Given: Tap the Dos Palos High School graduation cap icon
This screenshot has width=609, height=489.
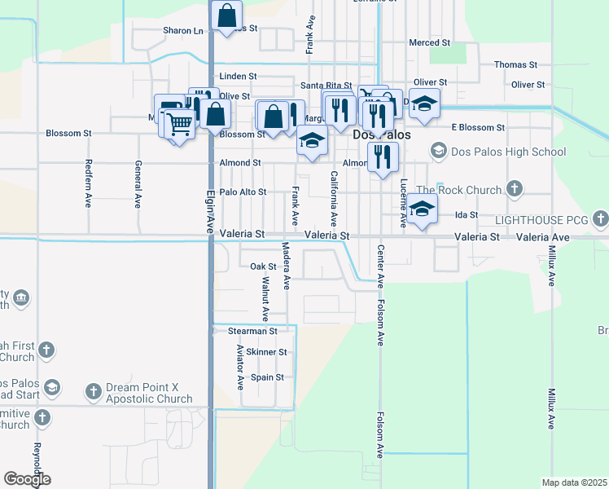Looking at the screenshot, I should click(x=439, y=151).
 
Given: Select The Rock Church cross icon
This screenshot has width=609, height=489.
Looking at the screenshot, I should click(x=514, y=190).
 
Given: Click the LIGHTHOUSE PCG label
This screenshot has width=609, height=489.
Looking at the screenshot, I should click(x=541, y=220).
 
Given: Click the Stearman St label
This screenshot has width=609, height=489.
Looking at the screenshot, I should click(x=252, y=332).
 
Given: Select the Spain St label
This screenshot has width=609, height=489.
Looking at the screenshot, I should click(x=267, y=377).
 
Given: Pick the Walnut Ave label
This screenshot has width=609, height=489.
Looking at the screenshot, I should click(x=265, y=297).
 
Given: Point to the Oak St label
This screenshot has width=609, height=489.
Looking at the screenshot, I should click(x=263, y=267).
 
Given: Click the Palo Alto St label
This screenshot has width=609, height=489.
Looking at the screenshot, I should click(x=243, y=192).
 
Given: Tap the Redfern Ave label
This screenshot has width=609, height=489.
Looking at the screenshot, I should click(x=88, y=183).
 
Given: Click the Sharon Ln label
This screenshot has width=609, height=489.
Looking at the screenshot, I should click(x=182, y=30).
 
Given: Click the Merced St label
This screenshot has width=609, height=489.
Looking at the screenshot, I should click(x=429, y=42).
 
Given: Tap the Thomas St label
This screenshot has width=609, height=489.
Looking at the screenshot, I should click(x=515, y=64).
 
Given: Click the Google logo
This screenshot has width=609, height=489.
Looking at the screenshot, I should click(x=27, y=479).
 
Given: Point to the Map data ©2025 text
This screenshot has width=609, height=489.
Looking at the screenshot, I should click(x=573, y=482).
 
